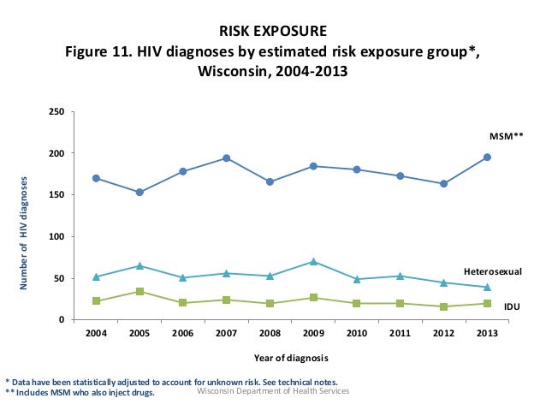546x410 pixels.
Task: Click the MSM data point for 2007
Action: (226, 158)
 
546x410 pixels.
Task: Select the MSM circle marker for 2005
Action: (139, 193)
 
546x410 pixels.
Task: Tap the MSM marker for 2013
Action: (487, 157)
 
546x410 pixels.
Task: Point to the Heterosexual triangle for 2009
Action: (313, 261)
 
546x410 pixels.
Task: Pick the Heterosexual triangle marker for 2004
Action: (96, 276)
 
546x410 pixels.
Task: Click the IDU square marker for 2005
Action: (139, 292)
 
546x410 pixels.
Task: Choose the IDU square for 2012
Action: (443, 306)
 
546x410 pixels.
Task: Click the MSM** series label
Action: (505, 135)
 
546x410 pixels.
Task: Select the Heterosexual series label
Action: (492, 270)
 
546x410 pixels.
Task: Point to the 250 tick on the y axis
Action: (57, 112)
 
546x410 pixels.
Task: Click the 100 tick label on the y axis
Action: (57, 237)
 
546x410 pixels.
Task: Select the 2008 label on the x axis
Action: (270, 333)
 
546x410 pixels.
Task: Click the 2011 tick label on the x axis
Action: (400, 333)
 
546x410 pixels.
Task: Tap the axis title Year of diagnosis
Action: (291, 357)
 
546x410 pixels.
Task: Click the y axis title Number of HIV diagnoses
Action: (26, 231)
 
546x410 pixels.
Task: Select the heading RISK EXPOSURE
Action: (273, 32)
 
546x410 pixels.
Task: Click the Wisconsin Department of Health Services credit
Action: (273, 391)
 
